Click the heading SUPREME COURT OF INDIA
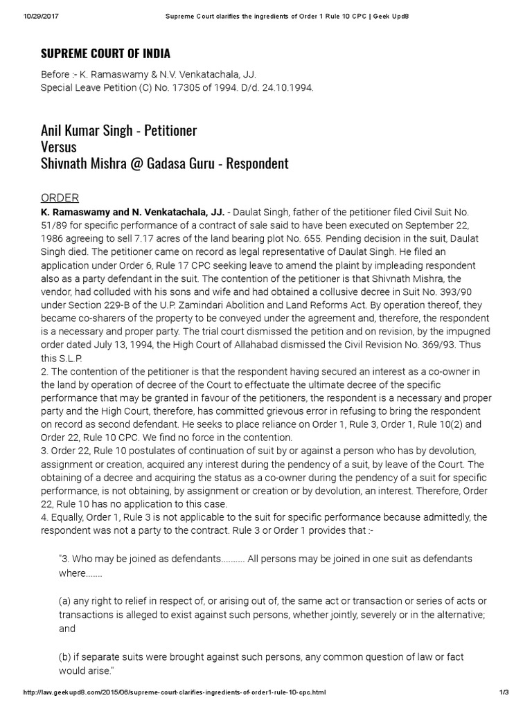(105, 53)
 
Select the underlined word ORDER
(60, 197)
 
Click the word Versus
(59, 147)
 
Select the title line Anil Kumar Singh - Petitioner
(119, 130)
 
